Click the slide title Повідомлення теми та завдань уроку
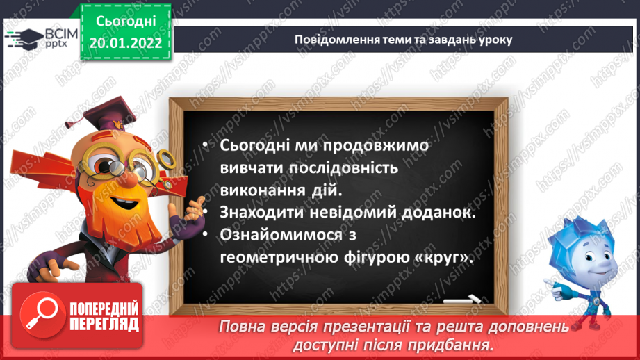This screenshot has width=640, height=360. pyautogui.click(x=403, y=40)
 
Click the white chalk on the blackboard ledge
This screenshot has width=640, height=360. pyautogui.click(x=461, y=301)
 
